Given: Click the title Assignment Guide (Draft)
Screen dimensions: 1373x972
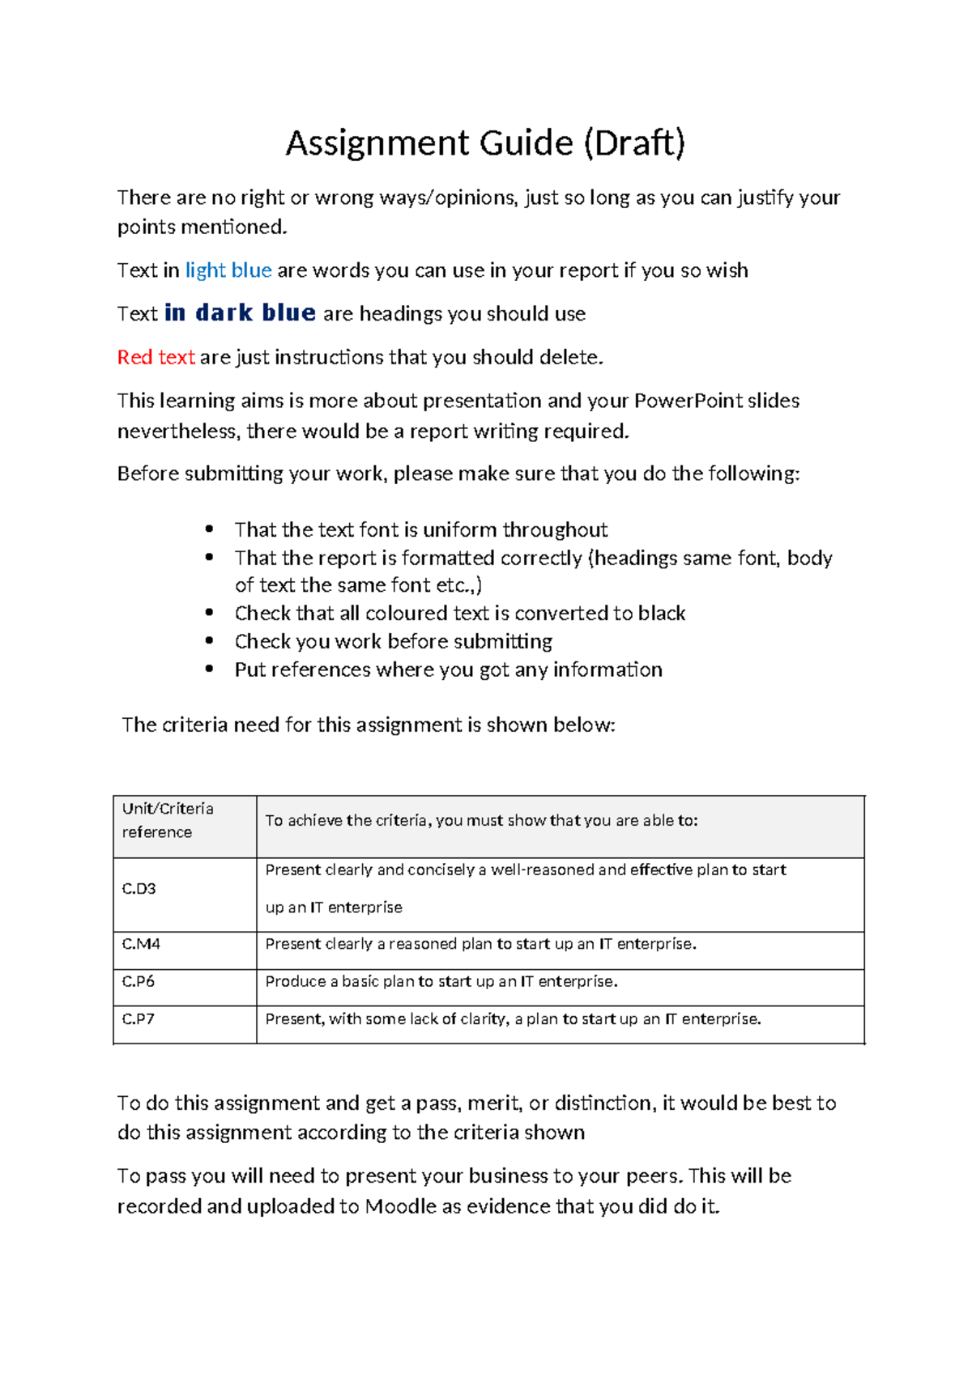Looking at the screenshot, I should coord(485,143).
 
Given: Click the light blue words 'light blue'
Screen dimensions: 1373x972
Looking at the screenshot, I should coord(228,270).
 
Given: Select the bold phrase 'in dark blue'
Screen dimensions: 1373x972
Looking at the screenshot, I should coord(240,313).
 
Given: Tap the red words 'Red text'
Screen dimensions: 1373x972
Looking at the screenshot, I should coord(156,357).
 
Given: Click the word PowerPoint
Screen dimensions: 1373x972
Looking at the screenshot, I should coord(687,401).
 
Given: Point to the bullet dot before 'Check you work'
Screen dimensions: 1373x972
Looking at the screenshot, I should coord(210,641).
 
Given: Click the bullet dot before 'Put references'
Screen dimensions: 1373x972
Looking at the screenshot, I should coord(210,669).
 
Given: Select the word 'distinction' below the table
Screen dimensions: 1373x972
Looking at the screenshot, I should coord(603,1103).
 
